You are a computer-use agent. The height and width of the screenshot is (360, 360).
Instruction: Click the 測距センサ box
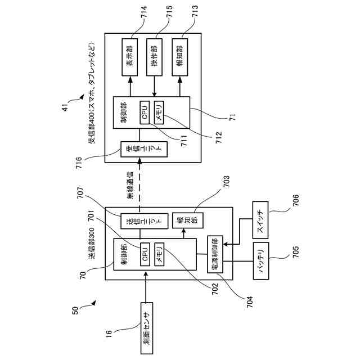click(x=147, y=328)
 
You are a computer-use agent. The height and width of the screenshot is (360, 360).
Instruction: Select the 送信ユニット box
click(x=145, y=221)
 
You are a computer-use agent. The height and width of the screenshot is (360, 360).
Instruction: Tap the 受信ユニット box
click(x=144, y=149)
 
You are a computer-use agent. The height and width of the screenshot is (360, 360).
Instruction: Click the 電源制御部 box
click(x=215, y=254)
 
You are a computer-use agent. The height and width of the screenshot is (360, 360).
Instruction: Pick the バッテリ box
click(x=261, y=261)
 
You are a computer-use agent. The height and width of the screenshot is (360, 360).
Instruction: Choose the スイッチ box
click(x=260, y=220)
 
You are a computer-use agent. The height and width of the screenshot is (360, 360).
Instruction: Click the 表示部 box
click(x=130, y=57)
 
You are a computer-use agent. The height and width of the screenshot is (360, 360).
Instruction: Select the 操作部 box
click(x=154, y=57)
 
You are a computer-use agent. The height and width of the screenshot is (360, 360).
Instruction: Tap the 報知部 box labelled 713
click(x=180, y=57)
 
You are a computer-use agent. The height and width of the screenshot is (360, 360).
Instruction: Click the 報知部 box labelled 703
click(x=188, y=220)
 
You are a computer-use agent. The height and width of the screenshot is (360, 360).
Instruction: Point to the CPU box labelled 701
click(x=145, y=254)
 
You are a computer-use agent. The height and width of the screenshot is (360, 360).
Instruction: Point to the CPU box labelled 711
click(x=145, y=112)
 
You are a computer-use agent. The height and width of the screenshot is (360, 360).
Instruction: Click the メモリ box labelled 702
click(x=159, y=254)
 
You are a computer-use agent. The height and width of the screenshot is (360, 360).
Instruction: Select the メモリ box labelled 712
click(x=159, y=112)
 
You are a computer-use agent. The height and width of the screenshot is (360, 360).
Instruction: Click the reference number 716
click(x=79, y=163)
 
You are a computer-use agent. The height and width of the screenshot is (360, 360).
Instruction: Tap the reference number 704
click(x=250, y=302)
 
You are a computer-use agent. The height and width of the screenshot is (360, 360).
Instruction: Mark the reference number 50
click(x=75, y=310)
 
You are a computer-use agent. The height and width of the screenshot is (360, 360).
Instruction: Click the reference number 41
click(x=65, y=107)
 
